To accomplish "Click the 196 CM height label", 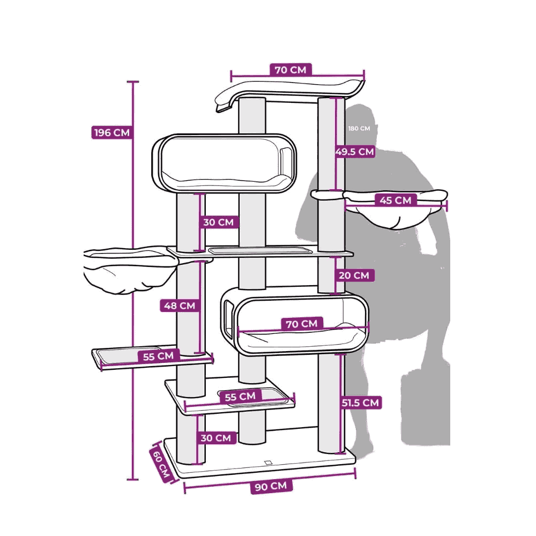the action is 112,132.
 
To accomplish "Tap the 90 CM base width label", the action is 271,486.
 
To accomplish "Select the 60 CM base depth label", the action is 161,465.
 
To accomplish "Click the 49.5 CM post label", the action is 355,152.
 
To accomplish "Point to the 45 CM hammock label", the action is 396,200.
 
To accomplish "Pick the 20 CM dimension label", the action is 354,275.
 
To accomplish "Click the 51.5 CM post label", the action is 361,403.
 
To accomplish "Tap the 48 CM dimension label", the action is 180,306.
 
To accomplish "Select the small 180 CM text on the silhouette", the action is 359,129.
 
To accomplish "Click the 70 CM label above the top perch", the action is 291,70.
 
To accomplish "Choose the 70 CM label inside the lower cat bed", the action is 301,323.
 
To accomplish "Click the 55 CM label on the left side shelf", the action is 158,356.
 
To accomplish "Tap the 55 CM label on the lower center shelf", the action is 240,397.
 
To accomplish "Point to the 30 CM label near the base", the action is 215,438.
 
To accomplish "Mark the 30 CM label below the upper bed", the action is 219,222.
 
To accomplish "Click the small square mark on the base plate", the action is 269,463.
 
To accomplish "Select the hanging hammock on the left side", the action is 130,270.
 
